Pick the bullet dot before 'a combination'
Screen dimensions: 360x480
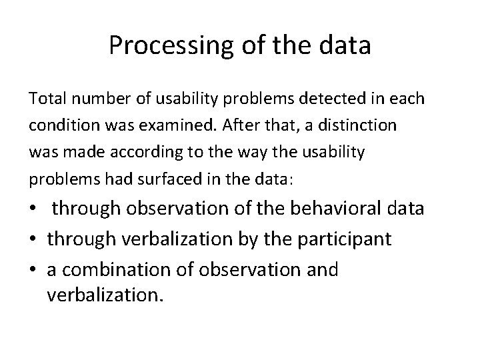[34, 270]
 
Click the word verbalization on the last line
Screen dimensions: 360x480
[105, 294]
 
